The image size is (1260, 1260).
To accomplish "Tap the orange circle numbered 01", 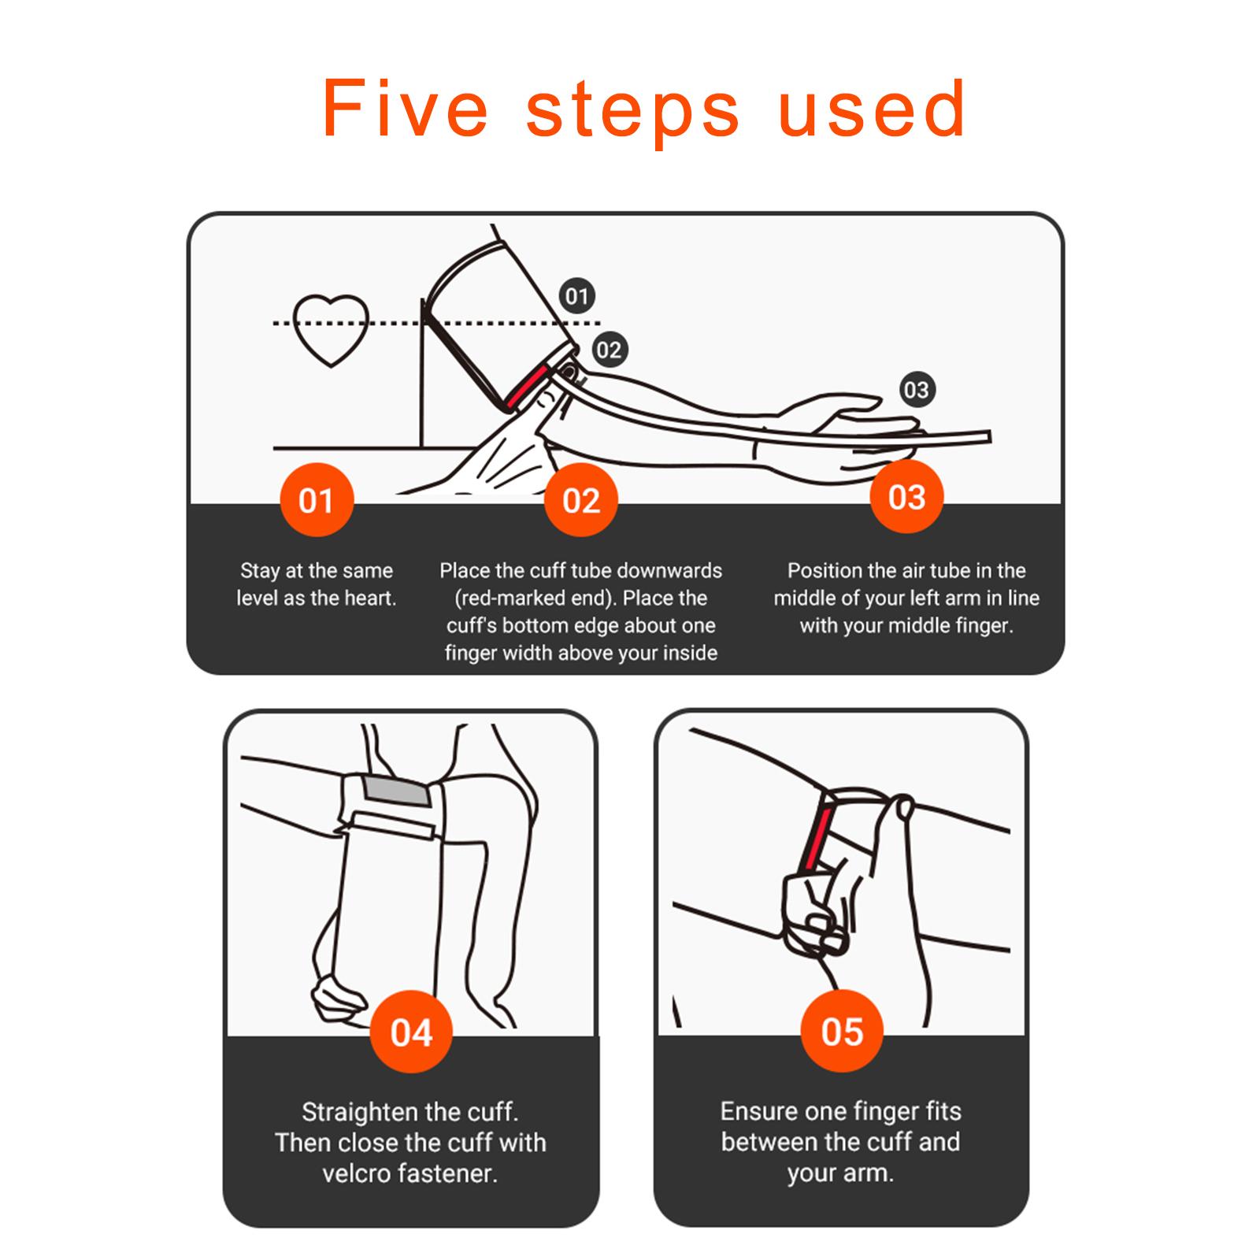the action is (x=316, y=500).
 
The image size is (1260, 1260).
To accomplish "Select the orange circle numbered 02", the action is (x=581, y=500).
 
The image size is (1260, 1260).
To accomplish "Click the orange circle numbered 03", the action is (x=906, y=497).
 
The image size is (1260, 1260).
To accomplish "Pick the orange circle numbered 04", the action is (x=411, y=1032).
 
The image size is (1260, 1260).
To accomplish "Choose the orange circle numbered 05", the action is (x=842, y=1031).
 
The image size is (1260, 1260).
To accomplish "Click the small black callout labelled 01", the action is (x=577, y=296).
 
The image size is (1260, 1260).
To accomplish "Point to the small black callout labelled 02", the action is (x=608, y=350).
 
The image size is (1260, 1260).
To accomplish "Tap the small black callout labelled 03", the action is (x=916, y=389).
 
